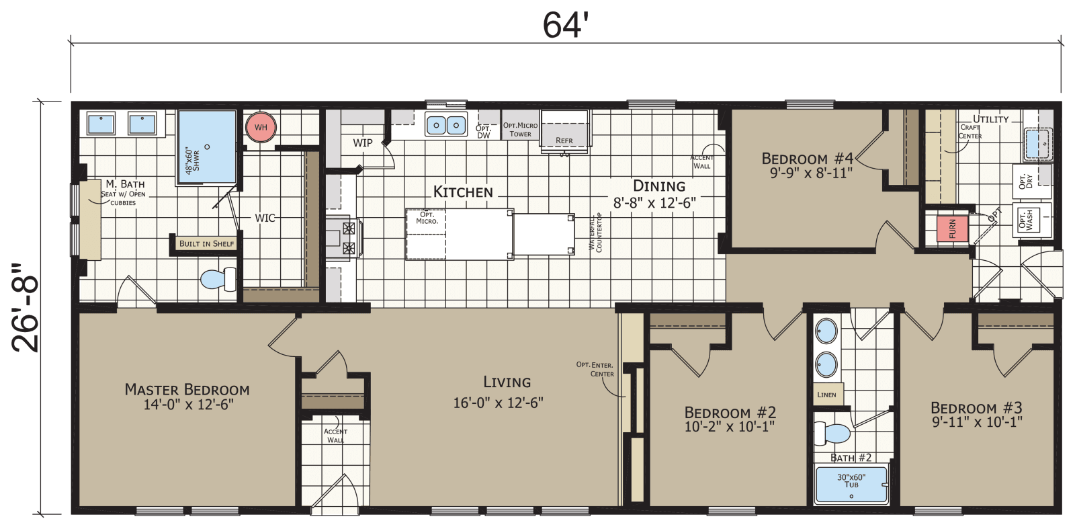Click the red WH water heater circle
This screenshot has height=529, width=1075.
[x=261, y=128]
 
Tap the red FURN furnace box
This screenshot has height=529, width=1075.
[x=952, y=229]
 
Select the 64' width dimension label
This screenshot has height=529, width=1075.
[x=565, y=26]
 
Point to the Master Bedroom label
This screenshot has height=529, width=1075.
[x=187, y=390]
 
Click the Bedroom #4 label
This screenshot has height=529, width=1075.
[x=807, y=159]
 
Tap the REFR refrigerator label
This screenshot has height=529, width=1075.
[x=564, y=140]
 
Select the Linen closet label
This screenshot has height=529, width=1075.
[x=827, y=395]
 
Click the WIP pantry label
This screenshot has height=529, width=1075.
[x=362, y=143]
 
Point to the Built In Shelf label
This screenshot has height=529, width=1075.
[x=206, y=243]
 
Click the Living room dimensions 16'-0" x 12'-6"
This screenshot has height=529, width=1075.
[x=498, y=403]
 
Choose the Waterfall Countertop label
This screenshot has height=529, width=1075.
[x=596, y=232]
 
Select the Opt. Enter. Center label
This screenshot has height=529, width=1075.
[x=595, y=369]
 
